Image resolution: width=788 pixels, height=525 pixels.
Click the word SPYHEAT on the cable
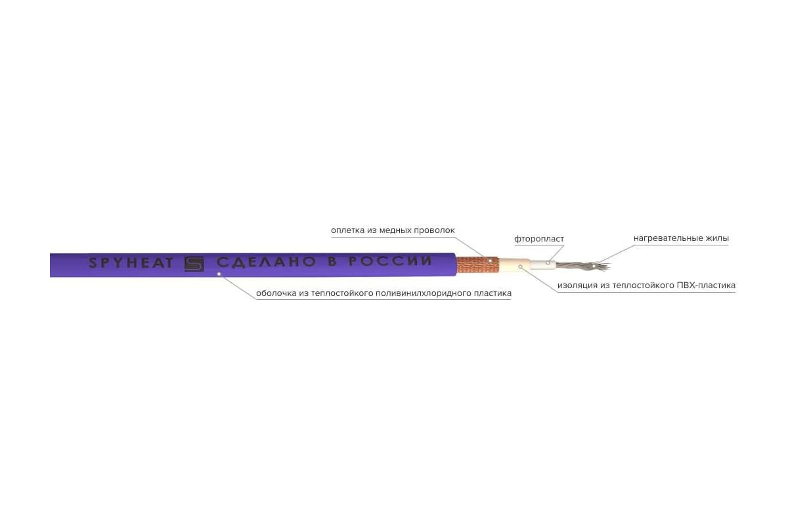131,263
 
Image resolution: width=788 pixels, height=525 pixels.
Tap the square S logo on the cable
194,264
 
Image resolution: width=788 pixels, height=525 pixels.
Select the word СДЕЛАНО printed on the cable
267,262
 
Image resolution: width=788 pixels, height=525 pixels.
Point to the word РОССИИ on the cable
390,261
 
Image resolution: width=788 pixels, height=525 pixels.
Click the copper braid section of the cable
477,264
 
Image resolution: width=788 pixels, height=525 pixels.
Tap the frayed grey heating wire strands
582,266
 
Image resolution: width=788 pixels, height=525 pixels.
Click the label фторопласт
539,239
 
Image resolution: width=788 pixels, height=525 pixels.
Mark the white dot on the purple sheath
219,274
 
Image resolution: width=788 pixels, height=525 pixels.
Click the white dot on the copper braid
490,261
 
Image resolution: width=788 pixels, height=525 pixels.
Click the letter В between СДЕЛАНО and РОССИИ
332,262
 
